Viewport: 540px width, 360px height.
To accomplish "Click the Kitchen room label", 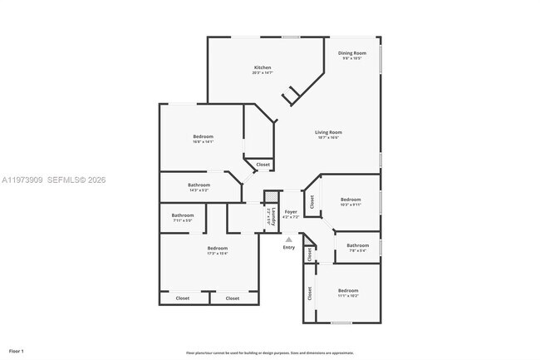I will (x=262, y=67).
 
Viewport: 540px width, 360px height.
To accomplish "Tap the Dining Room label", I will (x=351, y=53).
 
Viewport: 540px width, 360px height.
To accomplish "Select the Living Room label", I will (x=328, y=132).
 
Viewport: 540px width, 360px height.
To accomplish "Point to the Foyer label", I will (x=291, y=212).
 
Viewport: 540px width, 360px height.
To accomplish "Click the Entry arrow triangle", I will (x=289, y=239).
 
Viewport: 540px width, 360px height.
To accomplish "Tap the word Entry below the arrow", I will (x=289, y=248).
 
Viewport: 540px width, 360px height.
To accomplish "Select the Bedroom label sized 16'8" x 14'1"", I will (x=204, y=136).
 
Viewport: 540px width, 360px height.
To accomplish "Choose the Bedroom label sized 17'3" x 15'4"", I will (x=217, y=248).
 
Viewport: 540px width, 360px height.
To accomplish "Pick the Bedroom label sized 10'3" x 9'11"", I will (x=351, y=199).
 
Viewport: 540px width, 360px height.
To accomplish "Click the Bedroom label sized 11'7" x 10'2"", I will (x=348, y=290).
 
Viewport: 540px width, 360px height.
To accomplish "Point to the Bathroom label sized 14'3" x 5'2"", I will (x=199, y=185).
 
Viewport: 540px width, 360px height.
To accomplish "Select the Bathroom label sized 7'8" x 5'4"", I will (x=357, y=245).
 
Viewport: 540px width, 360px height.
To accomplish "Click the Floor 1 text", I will (x=16, y=350).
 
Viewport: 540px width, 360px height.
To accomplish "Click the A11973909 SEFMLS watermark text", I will (x=53, y=180).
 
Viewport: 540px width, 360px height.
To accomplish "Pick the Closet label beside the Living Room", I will (x=263, y=165).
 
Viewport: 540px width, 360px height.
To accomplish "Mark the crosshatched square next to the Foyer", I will (x=269, y=196).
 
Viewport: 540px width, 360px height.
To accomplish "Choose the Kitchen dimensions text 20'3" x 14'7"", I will (x=262, y=73).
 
